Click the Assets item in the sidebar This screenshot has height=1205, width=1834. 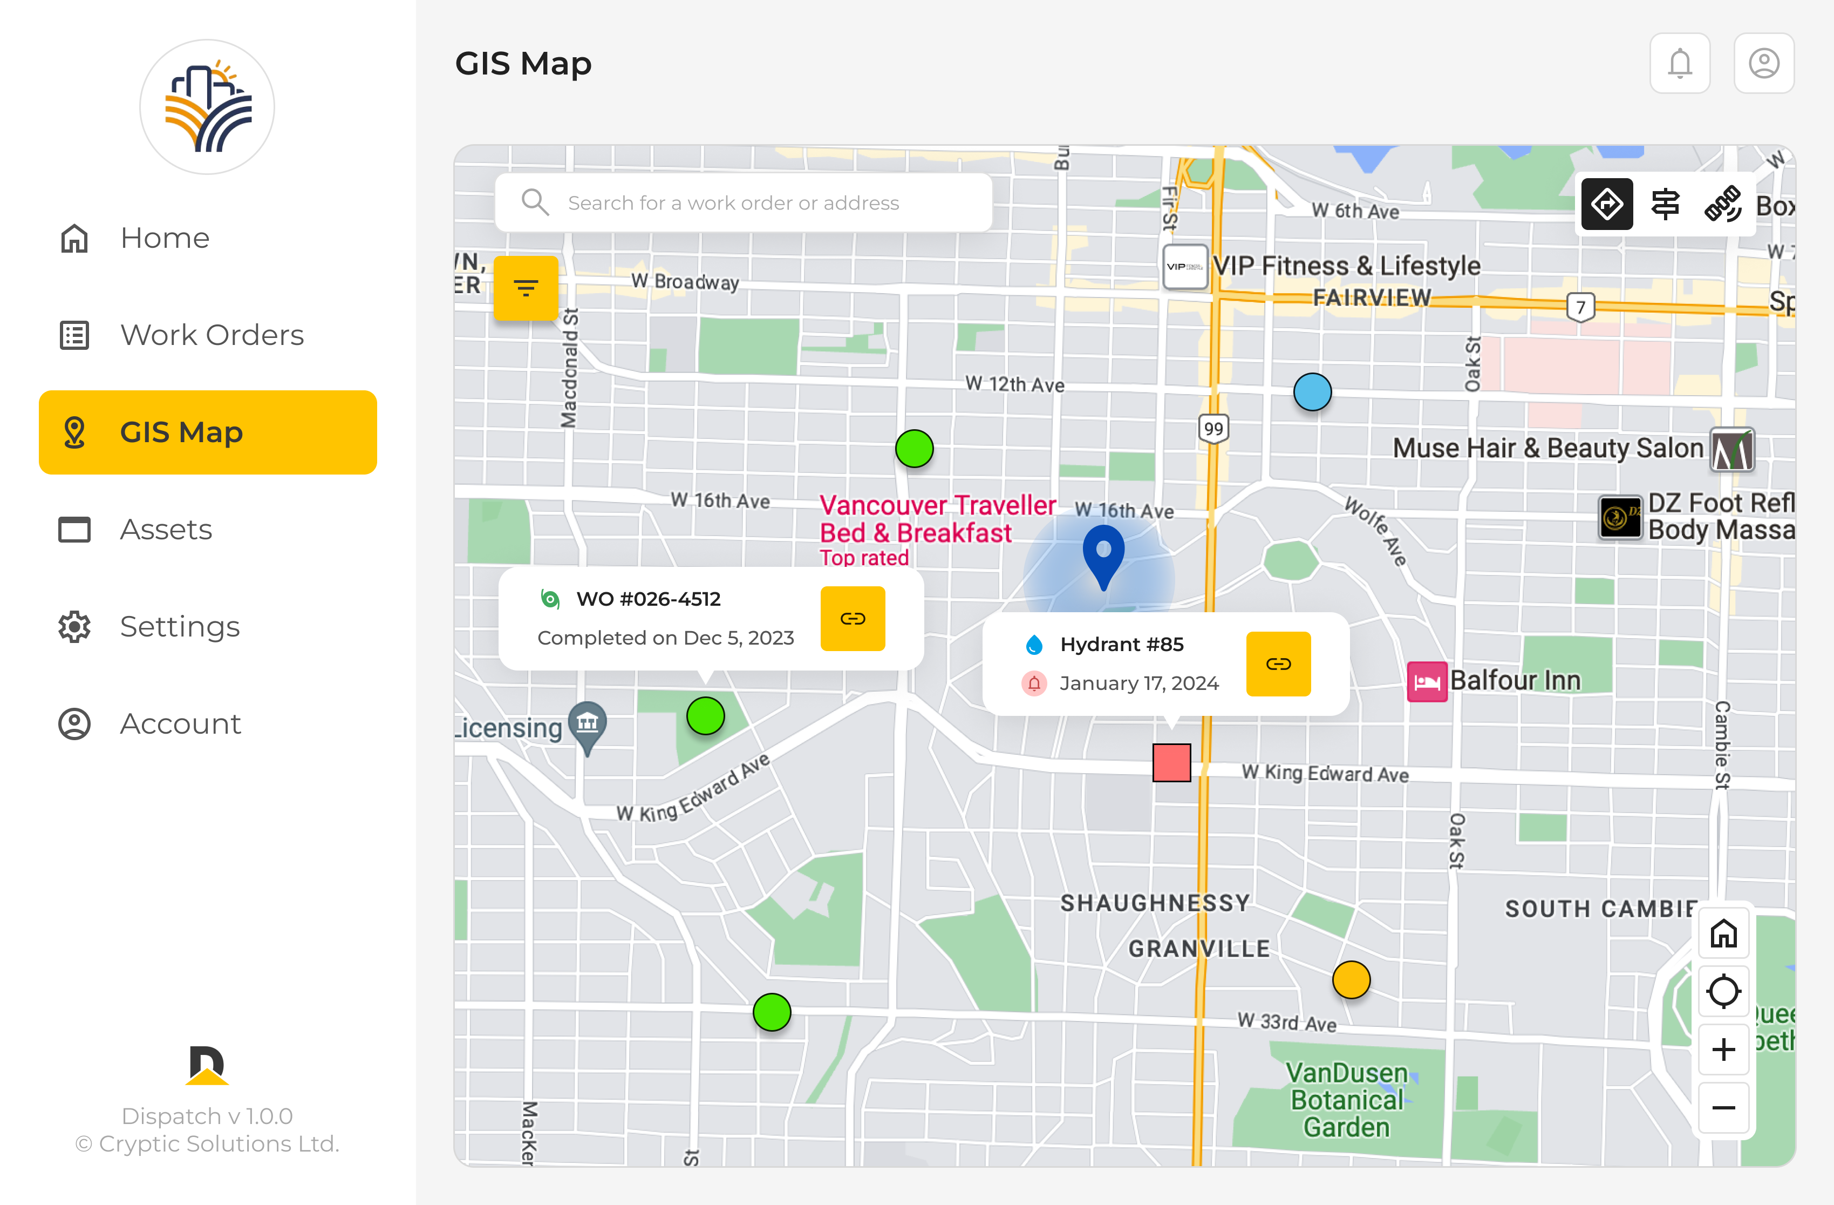click(165, 530)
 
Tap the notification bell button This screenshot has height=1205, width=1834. click(1680, 63)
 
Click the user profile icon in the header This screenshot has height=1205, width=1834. click(1764, 63)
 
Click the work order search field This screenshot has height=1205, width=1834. click(743, 203)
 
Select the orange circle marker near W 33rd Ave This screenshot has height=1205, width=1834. click(1351, 980)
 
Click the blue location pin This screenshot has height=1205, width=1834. click(1103, 553)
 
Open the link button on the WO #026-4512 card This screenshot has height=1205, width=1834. click(853, 618)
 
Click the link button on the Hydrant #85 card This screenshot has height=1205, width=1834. click(1278, 664)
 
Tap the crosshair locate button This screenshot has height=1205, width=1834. click(1723, 991)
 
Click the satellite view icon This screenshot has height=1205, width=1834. click(1723, 204)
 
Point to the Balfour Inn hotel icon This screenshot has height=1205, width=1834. click(1427, 681)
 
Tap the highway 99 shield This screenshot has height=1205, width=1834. click(1213, 429)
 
